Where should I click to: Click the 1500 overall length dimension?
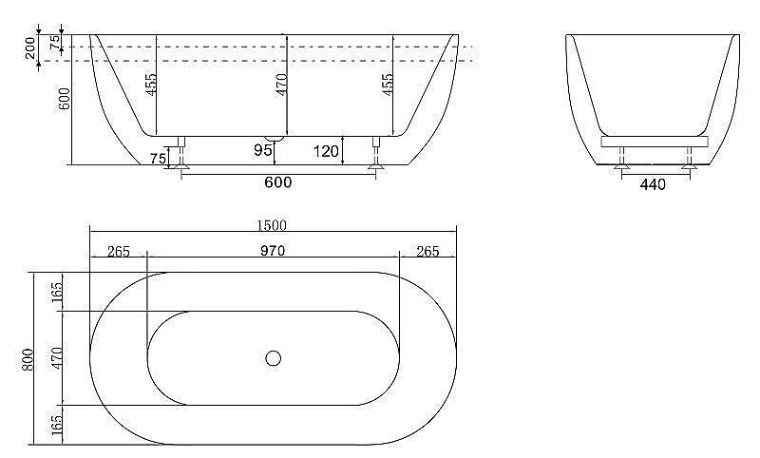[272, 225]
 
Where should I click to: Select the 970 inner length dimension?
[273, 251]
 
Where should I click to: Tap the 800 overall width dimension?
[28, 359]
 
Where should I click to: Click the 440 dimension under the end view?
[653, 184]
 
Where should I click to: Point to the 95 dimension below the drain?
[263, 150]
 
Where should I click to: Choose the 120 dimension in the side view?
[326, 152]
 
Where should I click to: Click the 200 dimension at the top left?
[30, 48]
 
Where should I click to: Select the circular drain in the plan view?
[274, 358]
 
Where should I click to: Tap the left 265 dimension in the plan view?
[118, 251]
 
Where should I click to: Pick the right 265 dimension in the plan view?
[427, 251]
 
